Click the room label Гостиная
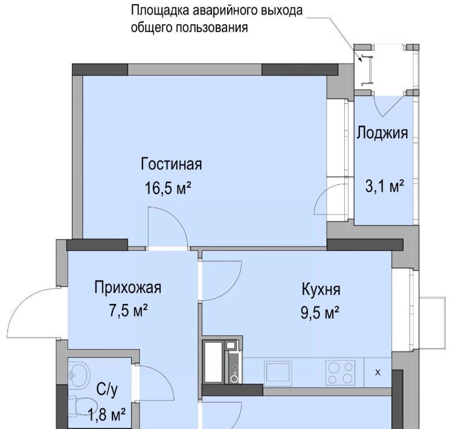172,164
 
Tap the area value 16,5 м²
168,188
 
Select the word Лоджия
382,134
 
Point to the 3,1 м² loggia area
385,186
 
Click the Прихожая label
127,288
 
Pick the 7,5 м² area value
129,311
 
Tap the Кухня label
321,289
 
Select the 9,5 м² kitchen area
320,312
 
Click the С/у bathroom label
107,390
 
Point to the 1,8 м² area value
106,414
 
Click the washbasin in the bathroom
79,375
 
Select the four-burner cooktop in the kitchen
340,372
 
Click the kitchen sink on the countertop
278,372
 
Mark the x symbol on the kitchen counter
377,373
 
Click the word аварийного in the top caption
225,11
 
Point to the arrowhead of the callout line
360,59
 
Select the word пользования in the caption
212,28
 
